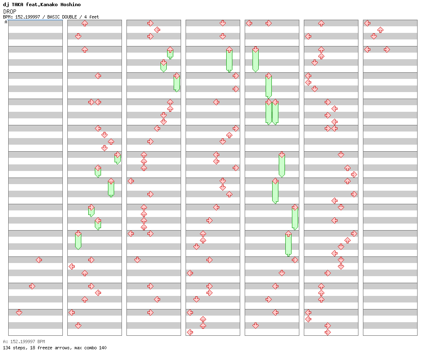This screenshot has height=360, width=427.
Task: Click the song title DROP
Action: [x=10, y=12]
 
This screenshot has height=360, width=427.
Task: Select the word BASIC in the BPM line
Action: [x=53, y=17]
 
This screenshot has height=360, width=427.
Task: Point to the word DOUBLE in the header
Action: [x=69, y=17]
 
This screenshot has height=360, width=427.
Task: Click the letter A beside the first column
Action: [x=6, y=22]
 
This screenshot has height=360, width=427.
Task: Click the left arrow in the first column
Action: [x=39, y=260]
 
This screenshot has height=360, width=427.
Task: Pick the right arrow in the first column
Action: [x=32, y=286]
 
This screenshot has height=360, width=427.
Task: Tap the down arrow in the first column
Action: [x=19, y=312]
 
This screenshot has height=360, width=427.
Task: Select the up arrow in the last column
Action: [x=381, y=30]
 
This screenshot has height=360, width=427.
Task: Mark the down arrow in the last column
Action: [x=374, y=36]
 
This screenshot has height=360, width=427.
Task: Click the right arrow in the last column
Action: [x=387, y=49]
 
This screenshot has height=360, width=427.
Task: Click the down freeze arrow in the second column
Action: [x=78, y=240]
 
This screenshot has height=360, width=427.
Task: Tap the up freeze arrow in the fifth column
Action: [x=288, y=243]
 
